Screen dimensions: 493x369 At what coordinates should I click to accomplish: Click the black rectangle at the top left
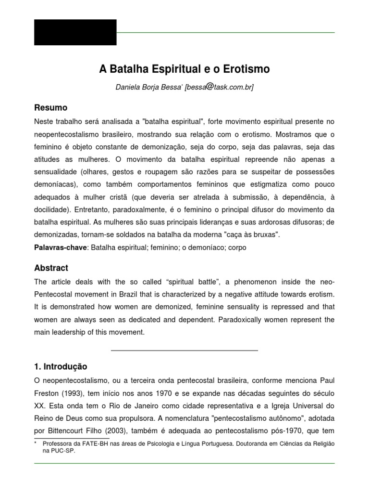[75, 32]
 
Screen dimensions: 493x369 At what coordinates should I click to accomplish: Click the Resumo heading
[51, 107]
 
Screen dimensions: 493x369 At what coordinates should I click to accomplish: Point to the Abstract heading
[51, 268]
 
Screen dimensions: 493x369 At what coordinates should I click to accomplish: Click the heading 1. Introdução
[61, 366]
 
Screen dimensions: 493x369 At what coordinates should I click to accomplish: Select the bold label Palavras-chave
[61, 247]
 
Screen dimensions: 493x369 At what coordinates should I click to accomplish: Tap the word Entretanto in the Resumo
[94, 210]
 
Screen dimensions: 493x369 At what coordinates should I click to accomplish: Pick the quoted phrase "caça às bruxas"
[253, 235]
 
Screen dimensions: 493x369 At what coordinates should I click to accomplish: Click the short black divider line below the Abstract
[184, 350]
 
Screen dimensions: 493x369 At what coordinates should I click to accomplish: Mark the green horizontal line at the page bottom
[184, 463]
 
